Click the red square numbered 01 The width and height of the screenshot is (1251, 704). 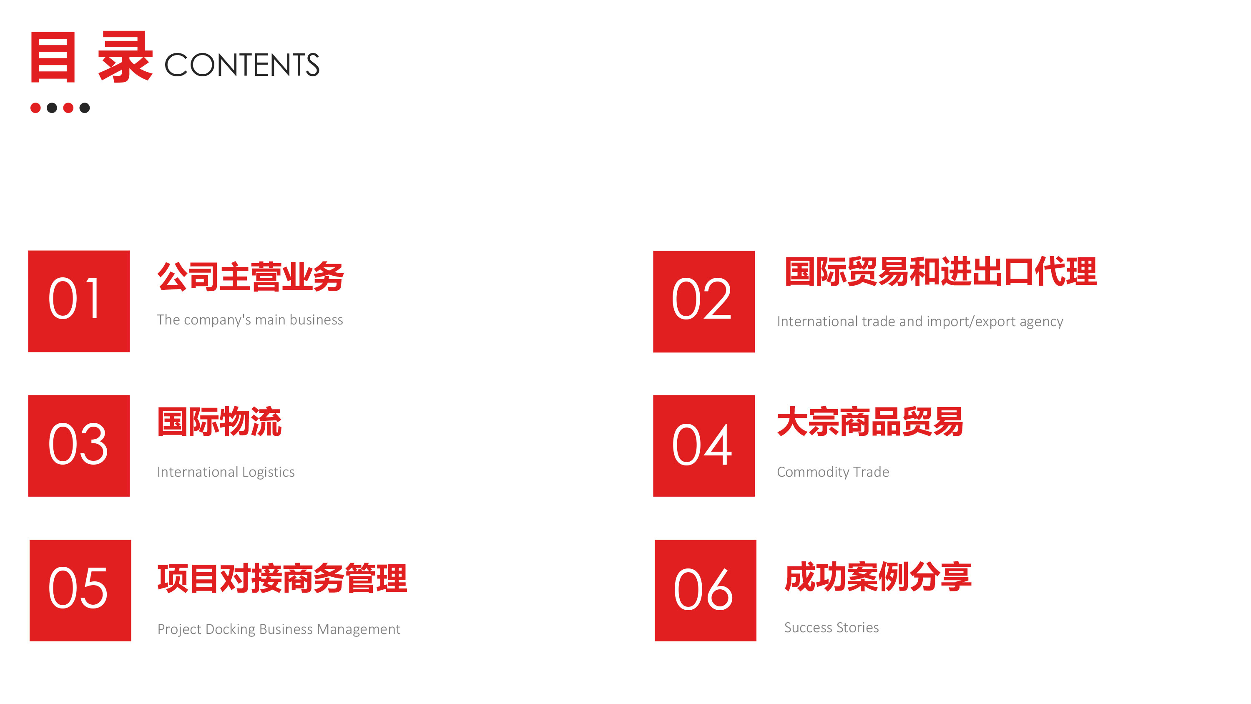click(x=79, y=301)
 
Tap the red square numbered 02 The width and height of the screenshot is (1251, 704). click(x=704, y=302)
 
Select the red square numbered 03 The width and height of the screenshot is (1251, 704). click(x=79, y=445)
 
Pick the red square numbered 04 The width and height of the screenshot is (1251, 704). click(x=704, y=445)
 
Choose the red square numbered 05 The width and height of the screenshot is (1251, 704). click(x=80, y=590)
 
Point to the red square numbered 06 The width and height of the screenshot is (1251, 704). click(x=705, y=590)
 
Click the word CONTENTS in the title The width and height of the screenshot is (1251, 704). click(x=242, y=65)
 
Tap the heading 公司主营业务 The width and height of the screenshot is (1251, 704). click(x=251, y=277)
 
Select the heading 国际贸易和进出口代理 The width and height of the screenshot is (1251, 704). click(x=941, y=272)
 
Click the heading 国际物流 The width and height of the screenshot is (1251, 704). click(x=219, y=421)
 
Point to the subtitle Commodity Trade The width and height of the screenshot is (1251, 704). click(x=833, y=472)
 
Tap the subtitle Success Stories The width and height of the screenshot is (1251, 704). click(x=831, y=627)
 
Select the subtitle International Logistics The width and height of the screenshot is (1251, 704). click(x=226, y=472)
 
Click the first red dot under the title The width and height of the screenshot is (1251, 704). click(x=35, y=108)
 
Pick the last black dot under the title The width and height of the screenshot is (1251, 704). click(x=85, y=108)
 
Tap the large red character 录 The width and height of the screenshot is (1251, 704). click(x=125, y=57)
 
